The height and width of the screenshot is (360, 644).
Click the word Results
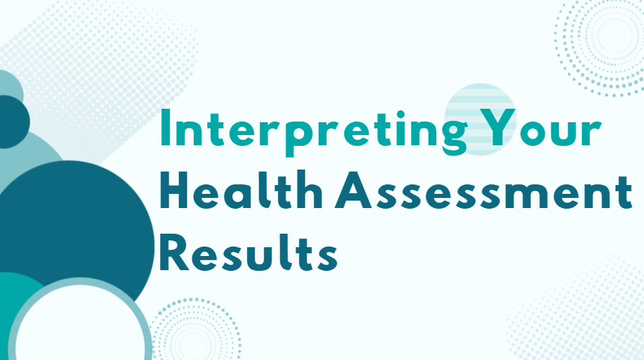coord(249,255)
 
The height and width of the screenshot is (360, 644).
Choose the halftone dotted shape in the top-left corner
coord(101,61)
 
